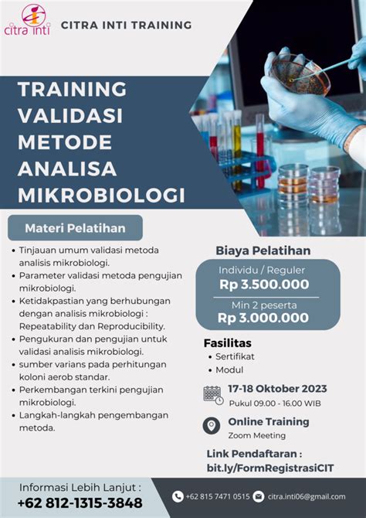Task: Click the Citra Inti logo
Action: coord(27,19)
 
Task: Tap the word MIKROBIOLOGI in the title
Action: coord(101,195)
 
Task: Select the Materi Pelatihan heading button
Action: coord(75,228)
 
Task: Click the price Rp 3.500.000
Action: coord(264,285)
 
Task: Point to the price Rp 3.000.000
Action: coord(263,318)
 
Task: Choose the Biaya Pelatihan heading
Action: coord(263,250)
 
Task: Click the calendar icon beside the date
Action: coord(213,395)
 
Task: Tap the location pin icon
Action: coord(212,425)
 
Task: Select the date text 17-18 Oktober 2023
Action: coord(277,388)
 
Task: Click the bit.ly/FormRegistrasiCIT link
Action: coord(270,468)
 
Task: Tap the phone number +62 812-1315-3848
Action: coord(80,503)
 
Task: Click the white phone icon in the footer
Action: coord(178,496)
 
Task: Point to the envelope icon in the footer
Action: coord(259,496)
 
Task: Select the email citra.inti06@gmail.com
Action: coord(307,496)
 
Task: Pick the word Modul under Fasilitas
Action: coord(229,370)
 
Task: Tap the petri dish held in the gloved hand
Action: coord(300,73)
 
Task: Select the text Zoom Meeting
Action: coord(257,435)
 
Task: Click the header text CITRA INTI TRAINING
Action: coord(127,25)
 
